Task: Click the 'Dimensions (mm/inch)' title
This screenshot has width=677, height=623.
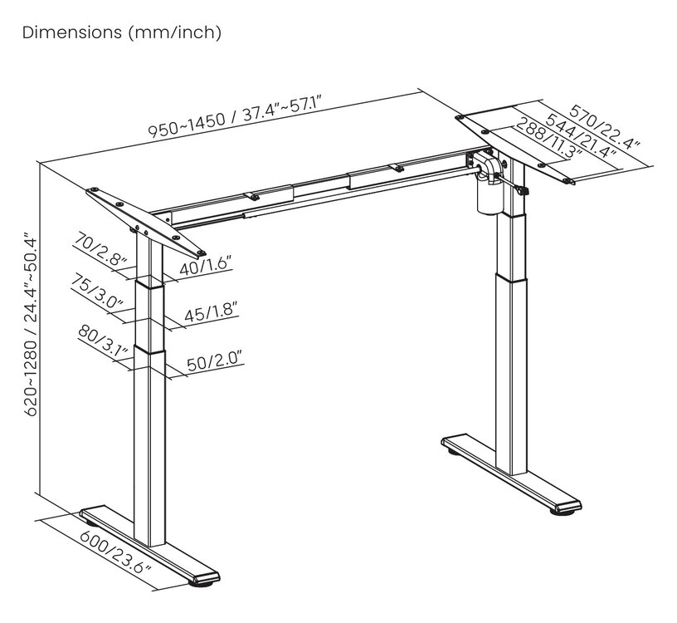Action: (122, 33)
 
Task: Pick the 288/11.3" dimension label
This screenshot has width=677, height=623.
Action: (549, 138)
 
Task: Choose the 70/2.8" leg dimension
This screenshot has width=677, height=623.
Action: (100, 249)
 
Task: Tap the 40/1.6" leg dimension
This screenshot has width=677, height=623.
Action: (206, 266)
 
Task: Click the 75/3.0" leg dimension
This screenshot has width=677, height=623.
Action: (97, 291)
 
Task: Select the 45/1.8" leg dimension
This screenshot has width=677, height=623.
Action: (211, 312)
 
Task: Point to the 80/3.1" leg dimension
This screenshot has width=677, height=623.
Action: (103, 340)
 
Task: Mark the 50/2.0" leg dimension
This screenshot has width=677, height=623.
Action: (215, 362)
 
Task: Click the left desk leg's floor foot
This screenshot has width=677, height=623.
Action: (149, 546)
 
